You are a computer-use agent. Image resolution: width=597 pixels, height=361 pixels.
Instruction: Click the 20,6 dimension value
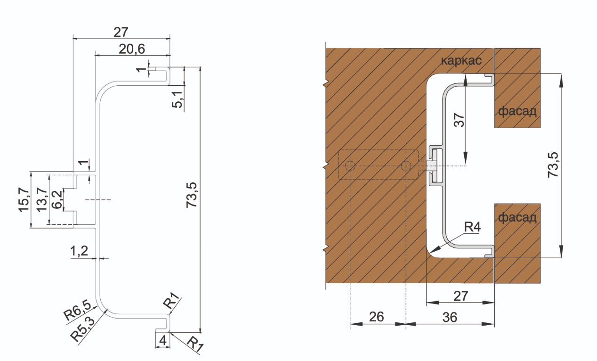[131, 49]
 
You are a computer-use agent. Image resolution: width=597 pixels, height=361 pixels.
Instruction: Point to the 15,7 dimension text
[24, 200]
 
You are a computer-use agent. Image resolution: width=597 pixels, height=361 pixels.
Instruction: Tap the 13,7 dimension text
[42, 200]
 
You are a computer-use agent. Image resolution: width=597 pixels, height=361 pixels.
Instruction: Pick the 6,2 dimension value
[57, 200]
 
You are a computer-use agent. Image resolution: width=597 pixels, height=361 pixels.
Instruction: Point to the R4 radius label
[472, 227]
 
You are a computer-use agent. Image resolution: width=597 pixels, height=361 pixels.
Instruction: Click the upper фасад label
[517, 112]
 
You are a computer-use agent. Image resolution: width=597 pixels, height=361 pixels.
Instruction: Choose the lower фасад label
[517, 218]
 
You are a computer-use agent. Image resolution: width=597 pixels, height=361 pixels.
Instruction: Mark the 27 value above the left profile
[121, 32]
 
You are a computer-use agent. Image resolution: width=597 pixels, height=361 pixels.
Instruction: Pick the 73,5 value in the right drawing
[554, 164]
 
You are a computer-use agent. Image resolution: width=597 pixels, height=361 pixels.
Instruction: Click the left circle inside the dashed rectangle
[349, 166]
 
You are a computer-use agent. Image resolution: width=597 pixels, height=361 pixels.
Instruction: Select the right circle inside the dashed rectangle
[405, 166]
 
